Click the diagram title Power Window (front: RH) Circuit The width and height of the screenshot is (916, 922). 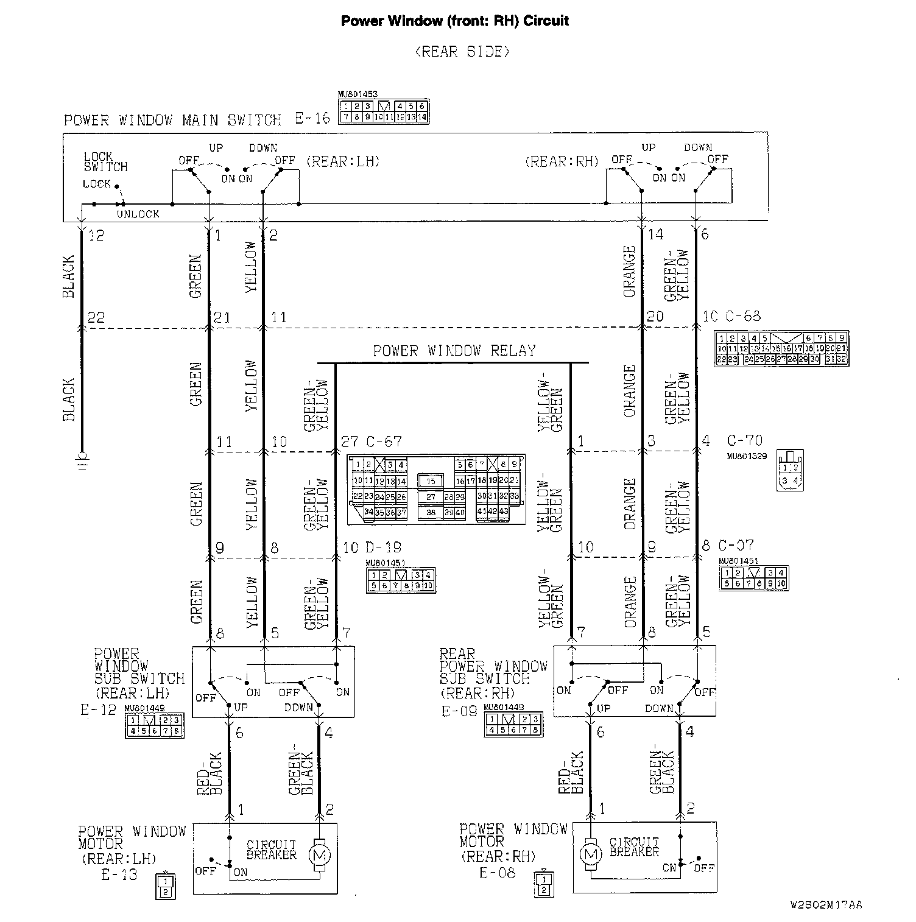454,21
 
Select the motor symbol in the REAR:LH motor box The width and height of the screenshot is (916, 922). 319,854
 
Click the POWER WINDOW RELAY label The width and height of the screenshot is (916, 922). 454,351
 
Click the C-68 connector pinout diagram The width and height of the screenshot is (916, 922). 781,349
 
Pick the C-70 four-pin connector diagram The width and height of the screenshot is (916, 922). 790,471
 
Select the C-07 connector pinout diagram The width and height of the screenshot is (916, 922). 753,579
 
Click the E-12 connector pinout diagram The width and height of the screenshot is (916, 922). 154,725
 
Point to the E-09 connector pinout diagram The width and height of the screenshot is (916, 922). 513,724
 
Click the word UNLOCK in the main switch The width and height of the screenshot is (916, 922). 138,214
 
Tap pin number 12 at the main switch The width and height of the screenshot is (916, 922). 96,234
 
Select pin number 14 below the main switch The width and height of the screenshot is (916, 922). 655,234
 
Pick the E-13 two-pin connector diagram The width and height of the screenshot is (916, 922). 164,886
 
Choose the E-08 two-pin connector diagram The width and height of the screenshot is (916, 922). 544,884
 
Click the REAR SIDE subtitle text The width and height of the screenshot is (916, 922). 462,52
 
